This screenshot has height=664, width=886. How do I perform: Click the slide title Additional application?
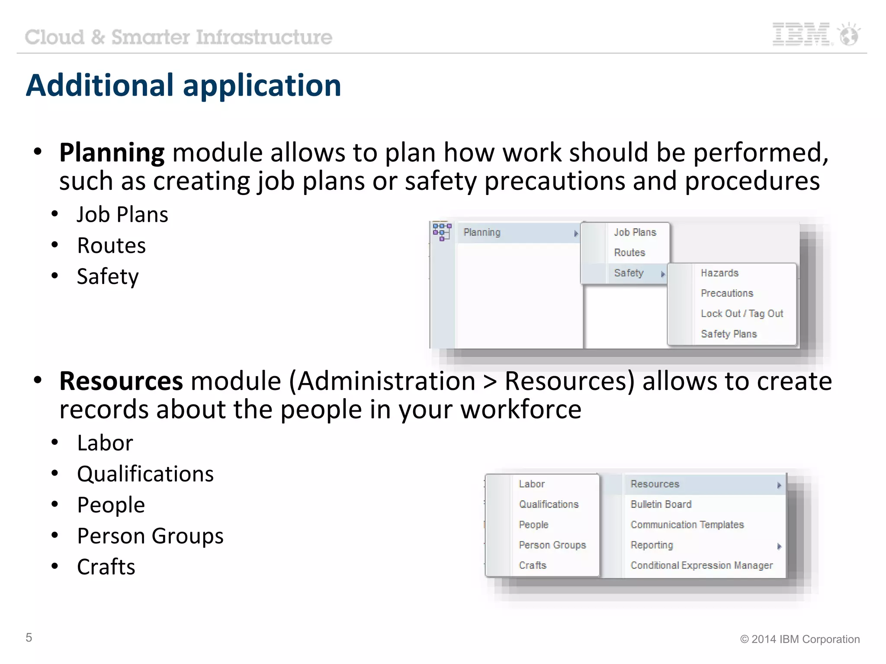183,85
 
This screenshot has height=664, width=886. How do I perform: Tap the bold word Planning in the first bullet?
112,153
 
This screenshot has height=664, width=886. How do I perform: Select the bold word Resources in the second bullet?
121,381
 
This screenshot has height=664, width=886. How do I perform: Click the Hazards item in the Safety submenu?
719,273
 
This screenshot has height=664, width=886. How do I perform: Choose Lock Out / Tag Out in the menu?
742,314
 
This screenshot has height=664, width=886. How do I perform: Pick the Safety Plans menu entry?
729,334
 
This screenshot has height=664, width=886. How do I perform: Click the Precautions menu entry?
727,294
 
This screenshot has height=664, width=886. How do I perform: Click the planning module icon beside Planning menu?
442,232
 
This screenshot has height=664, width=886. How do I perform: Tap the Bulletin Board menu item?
661,504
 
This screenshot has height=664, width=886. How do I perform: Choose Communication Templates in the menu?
687,525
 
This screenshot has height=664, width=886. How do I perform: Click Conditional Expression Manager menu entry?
701,565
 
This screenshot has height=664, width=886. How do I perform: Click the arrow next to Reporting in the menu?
779,546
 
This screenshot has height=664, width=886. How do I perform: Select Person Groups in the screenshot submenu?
552,545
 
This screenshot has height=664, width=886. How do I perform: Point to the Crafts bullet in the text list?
106,567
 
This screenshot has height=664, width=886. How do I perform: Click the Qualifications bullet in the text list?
145,474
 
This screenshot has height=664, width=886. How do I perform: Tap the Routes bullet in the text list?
111,246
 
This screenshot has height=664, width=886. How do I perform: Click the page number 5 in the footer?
29,638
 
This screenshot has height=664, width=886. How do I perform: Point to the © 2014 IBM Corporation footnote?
799,639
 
